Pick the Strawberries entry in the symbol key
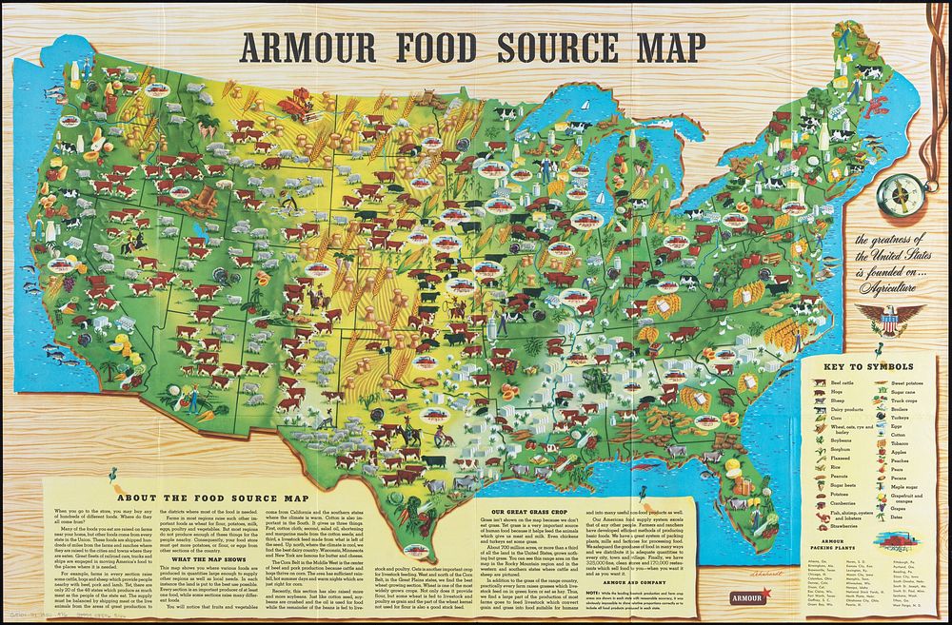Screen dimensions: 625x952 [840, 526]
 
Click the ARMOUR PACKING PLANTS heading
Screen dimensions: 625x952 [828, 544]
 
